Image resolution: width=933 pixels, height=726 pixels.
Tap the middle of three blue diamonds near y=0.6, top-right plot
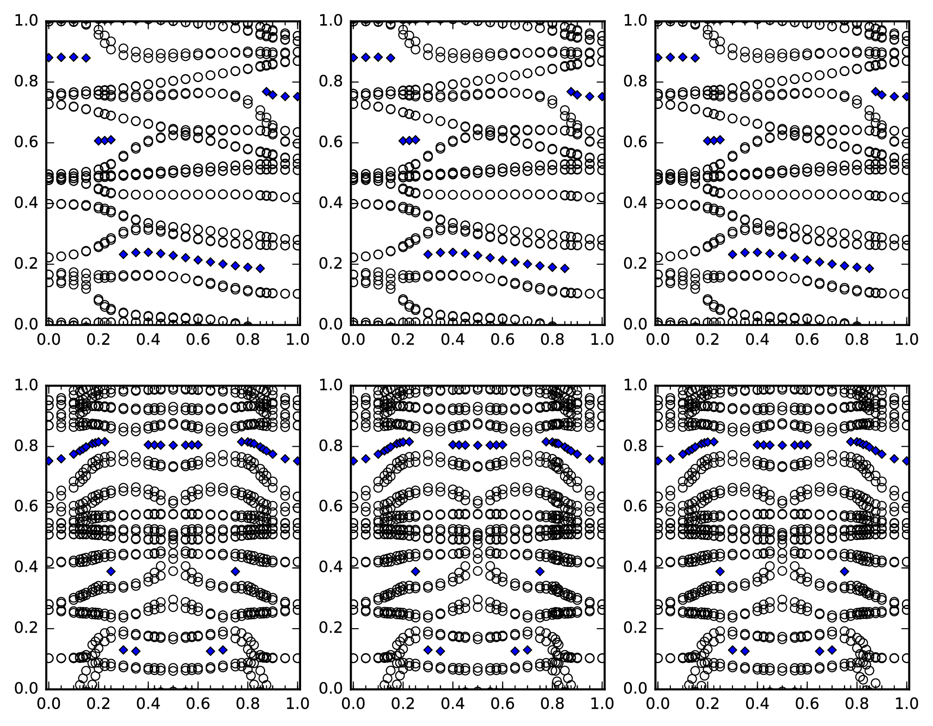(714, 140)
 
